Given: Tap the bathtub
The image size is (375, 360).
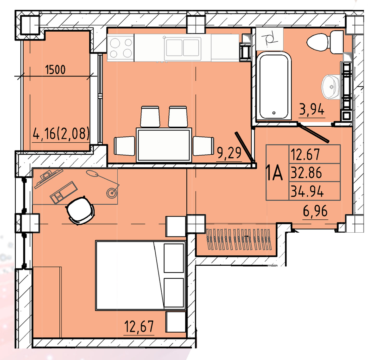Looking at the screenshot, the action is point(274,86).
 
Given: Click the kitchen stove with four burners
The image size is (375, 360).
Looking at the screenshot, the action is point(121,48).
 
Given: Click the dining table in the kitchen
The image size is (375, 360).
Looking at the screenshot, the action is point(164,145).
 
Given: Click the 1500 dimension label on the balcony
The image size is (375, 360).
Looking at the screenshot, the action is point(55,70).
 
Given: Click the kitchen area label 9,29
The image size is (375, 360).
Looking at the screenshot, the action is point(229,153).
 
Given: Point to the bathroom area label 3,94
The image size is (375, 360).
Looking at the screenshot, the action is point(312,109).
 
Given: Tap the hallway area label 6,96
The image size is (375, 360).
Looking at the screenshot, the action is point(315,211).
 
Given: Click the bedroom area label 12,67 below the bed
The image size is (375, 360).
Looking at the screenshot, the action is point(139,326).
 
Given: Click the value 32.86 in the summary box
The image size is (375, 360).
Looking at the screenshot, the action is point(306,173).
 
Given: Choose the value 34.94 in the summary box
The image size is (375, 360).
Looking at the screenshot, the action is point(307,191).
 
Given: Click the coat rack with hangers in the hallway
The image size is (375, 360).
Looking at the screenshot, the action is point(239,239).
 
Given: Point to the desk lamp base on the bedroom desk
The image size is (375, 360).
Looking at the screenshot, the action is point(112,192).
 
